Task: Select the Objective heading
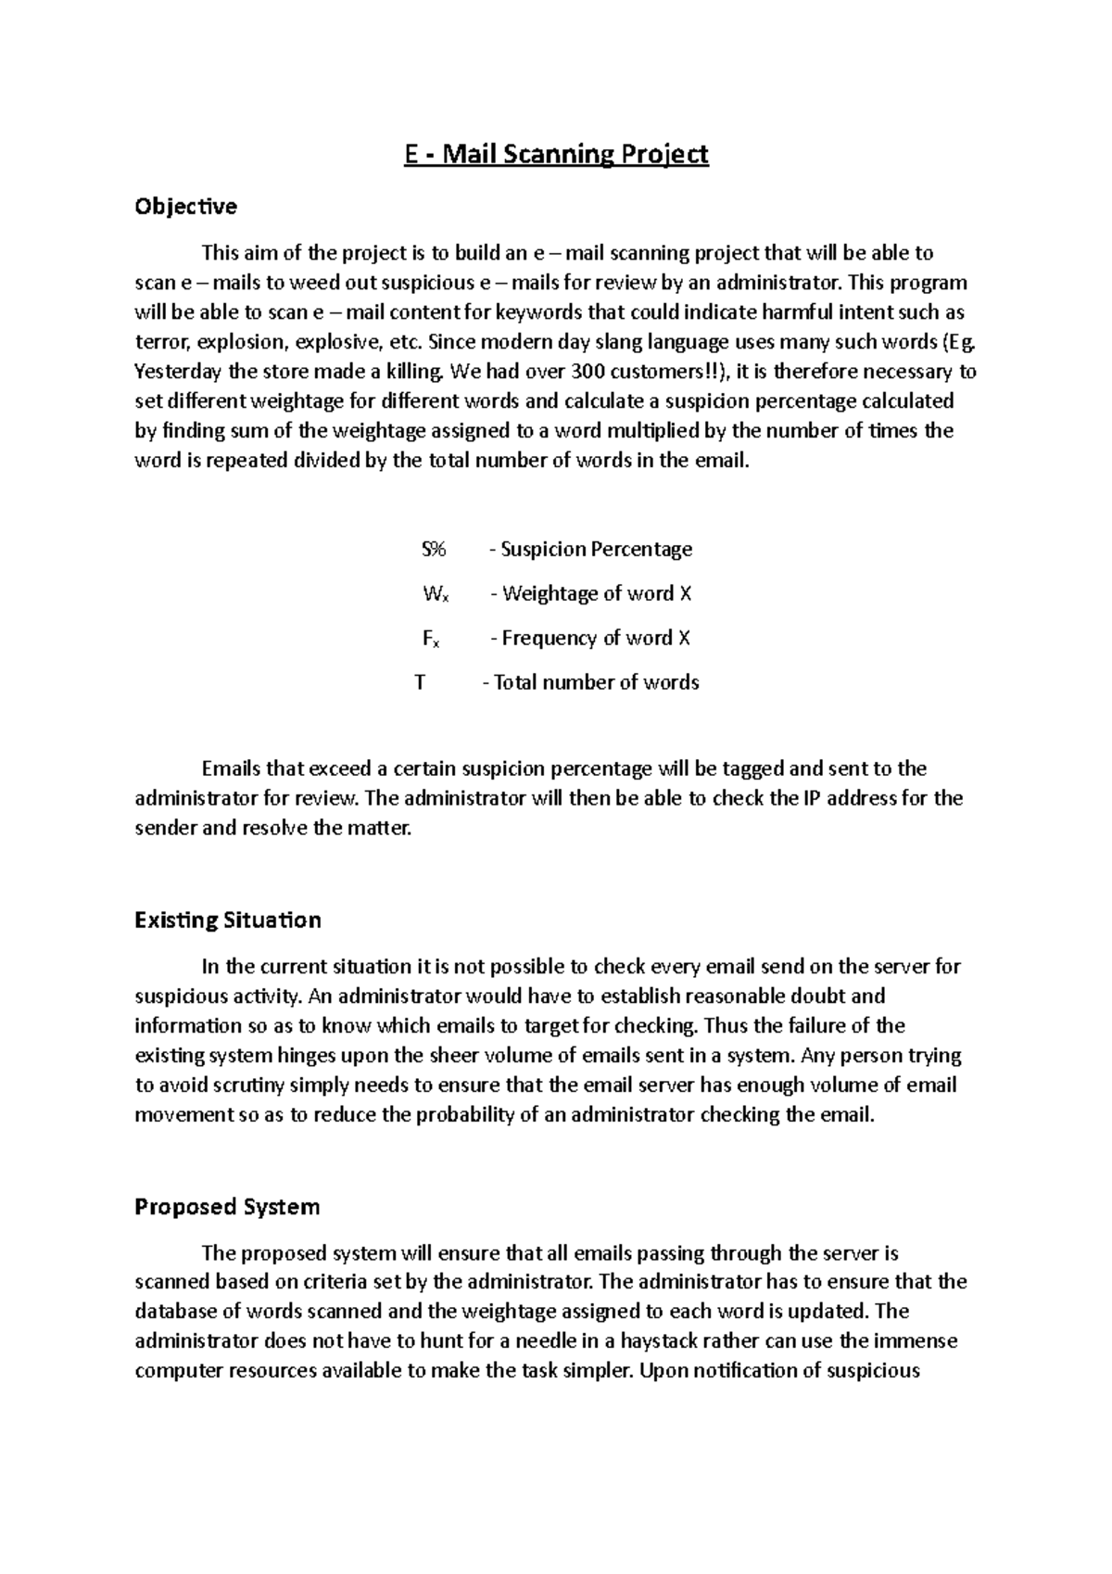click(x=185, y=206)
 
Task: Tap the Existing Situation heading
click(x=228, y=920)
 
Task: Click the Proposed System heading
click(x=227, y=1206)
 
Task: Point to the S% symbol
click(x=434, y=549)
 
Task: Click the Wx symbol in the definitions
click(x=436, y=594)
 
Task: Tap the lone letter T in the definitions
click(x=420, y=682)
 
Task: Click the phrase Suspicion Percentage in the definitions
click(x=596, y=549)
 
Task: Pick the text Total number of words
click(x=596, y=682)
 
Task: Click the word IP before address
click(x=806, y=798)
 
